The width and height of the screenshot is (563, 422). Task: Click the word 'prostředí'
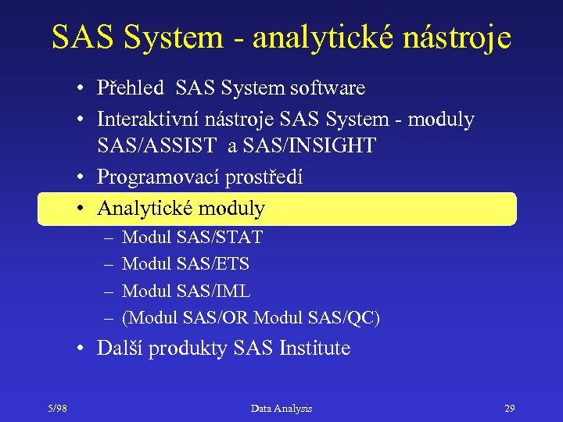[x=264, y=177]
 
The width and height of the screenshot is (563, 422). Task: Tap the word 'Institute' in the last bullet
[x=314, y=348]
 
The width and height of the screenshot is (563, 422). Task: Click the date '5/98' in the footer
[x=56, y=408]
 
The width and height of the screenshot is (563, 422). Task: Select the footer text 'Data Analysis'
[x=281, y=408]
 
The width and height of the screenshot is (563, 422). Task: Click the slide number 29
[x=509, y=408]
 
